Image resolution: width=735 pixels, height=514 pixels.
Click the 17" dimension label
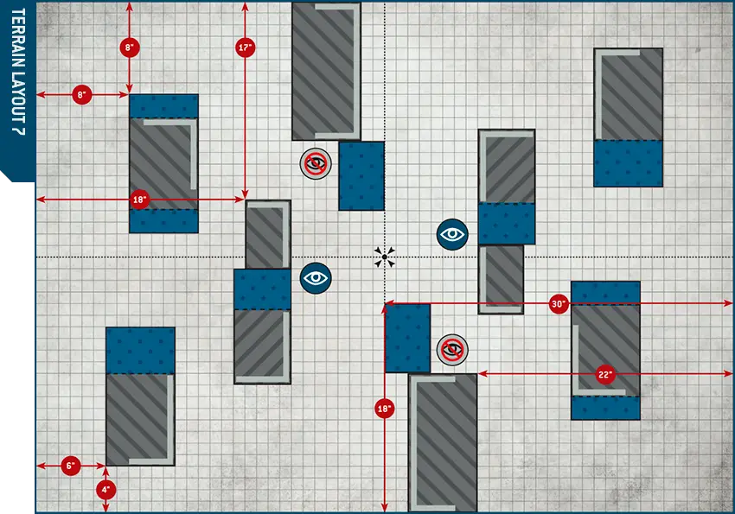pos(246,48)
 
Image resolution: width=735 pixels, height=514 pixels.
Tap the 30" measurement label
pos(559,303)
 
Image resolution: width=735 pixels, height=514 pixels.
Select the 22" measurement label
pos(604,374)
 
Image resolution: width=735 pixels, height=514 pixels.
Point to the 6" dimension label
pos(71,466)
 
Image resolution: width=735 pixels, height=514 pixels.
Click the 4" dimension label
pos(105,489)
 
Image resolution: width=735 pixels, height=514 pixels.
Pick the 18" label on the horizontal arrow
pos(140,200)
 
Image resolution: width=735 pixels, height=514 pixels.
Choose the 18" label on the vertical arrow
pos(384,408)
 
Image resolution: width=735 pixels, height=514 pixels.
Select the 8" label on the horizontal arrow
pos(82,94)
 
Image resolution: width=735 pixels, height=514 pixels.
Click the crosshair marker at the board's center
pos(384,257)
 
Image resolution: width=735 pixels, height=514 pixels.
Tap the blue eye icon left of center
pos(316,277)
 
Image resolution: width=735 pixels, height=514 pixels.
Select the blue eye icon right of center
pos(452,233)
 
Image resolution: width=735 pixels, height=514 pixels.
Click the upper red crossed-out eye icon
pos(316,163)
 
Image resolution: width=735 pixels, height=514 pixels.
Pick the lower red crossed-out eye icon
pos(452,349)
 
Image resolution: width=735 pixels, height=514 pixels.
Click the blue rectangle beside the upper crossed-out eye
pos(361,175)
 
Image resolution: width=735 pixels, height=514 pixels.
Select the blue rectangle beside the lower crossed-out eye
pos(407,338)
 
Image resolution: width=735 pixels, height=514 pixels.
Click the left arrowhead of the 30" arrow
pos(387,303)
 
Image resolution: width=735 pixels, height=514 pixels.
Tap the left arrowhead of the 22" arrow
pos(482,374)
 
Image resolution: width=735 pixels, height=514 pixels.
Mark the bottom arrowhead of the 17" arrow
pos(246,198)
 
